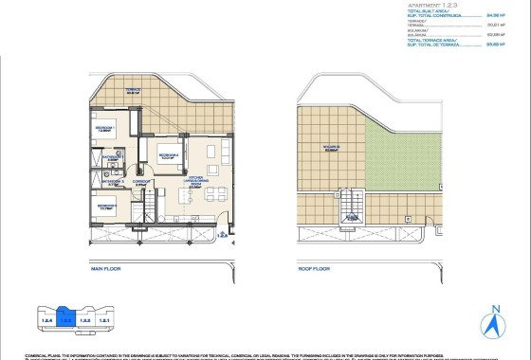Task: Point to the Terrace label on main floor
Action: point(133,91)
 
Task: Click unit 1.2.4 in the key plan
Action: point(43,320)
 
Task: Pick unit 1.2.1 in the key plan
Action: point(105,320)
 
